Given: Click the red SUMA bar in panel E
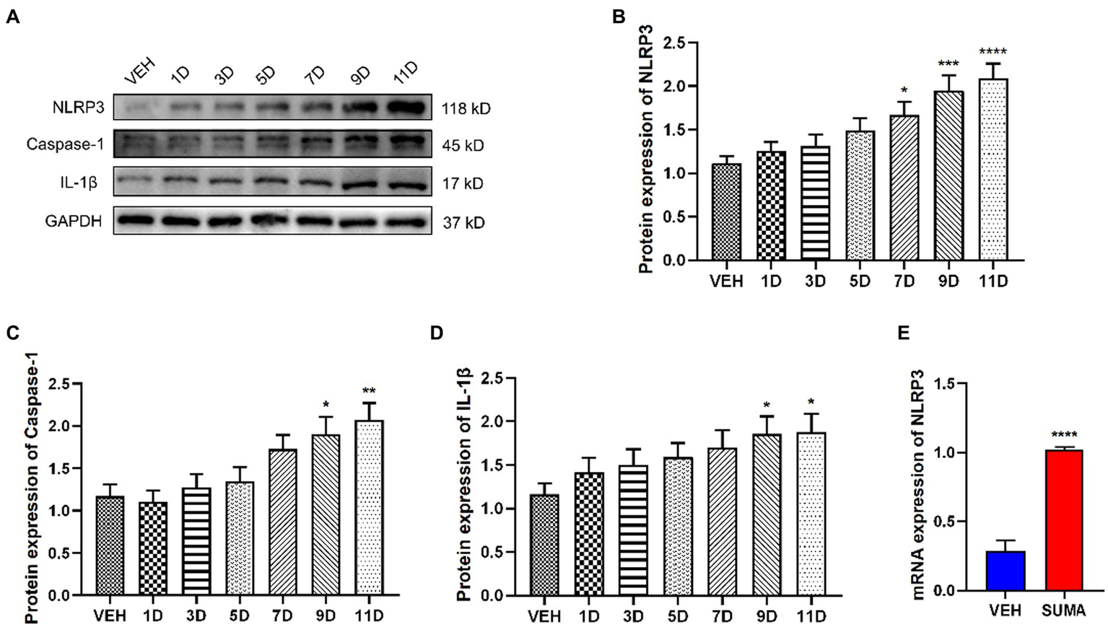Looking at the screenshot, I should click(1063, 520).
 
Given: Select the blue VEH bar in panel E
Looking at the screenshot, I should click(1006, 571).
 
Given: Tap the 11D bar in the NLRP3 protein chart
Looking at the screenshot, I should click(993, 170).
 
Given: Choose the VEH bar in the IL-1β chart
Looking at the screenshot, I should click(544, 545).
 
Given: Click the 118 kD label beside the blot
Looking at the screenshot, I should click(466, 109).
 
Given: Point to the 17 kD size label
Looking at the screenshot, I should click(463, 184).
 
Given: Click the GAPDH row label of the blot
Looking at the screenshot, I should click(74, 222).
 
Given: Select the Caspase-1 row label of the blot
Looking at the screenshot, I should click(65, 145).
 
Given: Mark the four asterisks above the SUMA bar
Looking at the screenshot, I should click(1064, 435).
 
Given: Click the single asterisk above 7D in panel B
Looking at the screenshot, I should click(904, 90).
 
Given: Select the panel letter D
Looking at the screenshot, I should click(436, 333).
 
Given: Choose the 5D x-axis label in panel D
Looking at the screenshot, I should click(678, 617).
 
